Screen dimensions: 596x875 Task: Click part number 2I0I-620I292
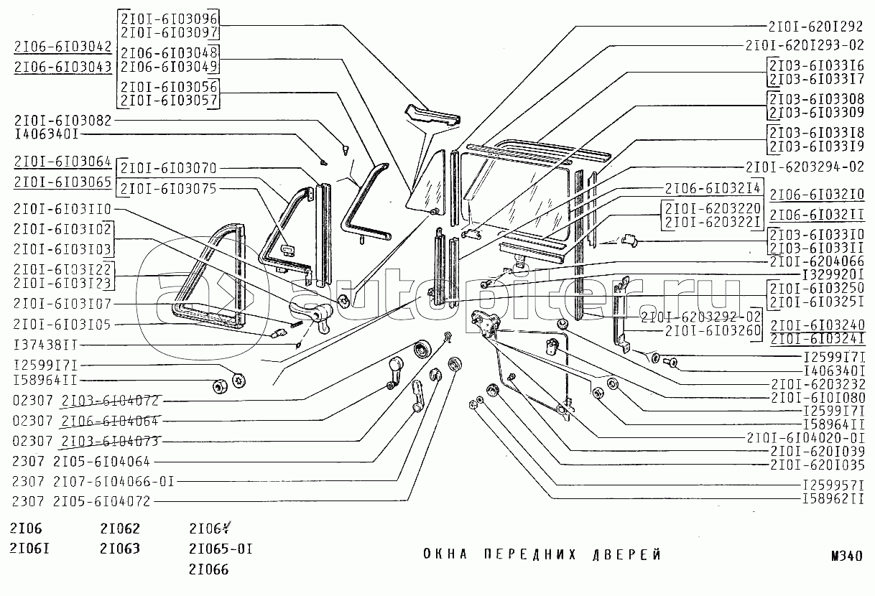pyautogui.click(x=815, y=27)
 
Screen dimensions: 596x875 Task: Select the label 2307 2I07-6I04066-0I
pyautogui.click(x=93, y=481)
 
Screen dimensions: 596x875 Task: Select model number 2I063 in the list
pyautogui.click(x=120, y=549)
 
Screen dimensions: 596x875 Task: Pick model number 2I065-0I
pyautogui.click(x=220, y=549)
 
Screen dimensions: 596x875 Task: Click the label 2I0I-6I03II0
pyautogui.click(x=62, y=208)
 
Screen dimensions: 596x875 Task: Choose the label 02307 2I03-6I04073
pyautogui.click(x=86, y=440)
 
